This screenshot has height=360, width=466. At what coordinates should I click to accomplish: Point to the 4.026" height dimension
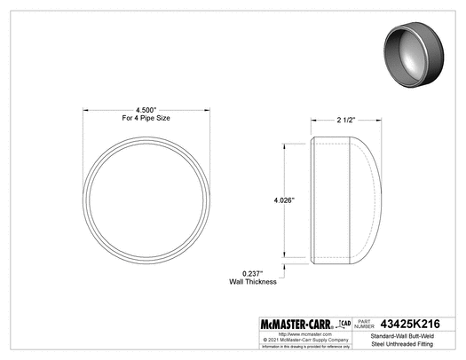(285, 200)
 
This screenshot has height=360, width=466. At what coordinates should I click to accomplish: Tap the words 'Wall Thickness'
(254, 282)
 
